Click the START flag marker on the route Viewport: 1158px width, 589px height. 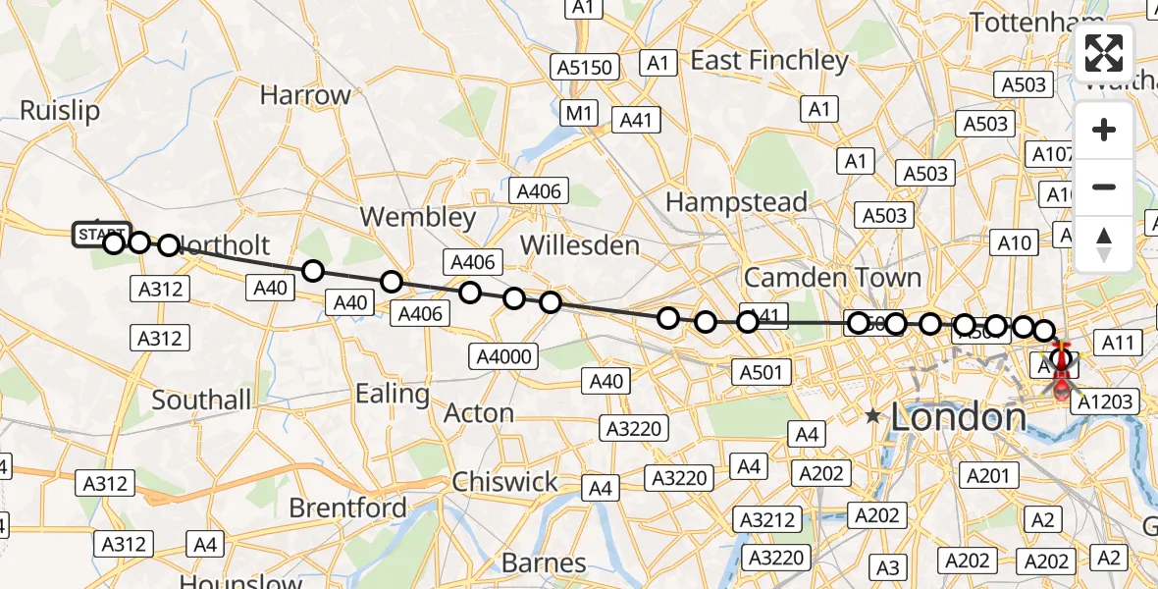[100, 235]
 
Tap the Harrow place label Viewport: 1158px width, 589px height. [305, 95]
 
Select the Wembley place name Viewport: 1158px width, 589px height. [418, 216]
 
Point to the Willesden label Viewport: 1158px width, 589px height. [580, 244]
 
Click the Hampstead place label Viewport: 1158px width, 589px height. [736, 202]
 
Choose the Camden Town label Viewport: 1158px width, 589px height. [832, 277]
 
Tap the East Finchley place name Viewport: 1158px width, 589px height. [769, 61]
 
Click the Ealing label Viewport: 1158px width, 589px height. [393, 394]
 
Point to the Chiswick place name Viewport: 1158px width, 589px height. [504, 482]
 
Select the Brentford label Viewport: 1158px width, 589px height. [347, 508]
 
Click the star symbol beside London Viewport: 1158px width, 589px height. [872, 416]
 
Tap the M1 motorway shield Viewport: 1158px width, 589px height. [579, 114]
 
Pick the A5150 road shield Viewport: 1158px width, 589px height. [585, 68]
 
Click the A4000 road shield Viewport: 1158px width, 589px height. [502, 355]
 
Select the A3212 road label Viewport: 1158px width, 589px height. [767, 519]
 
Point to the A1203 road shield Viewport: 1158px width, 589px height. [1105, 401]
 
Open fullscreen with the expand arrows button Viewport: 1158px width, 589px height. [1104, 53]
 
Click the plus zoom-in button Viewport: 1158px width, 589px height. [1104, 130]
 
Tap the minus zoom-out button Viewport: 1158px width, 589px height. [1104, 187]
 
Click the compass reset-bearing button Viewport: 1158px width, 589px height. [1104, 242]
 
